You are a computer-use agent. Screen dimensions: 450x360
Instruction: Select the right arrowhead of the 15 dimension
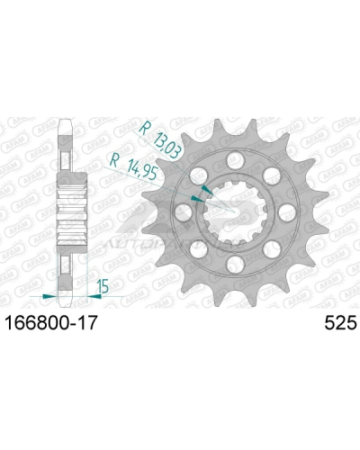(88, 294)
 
